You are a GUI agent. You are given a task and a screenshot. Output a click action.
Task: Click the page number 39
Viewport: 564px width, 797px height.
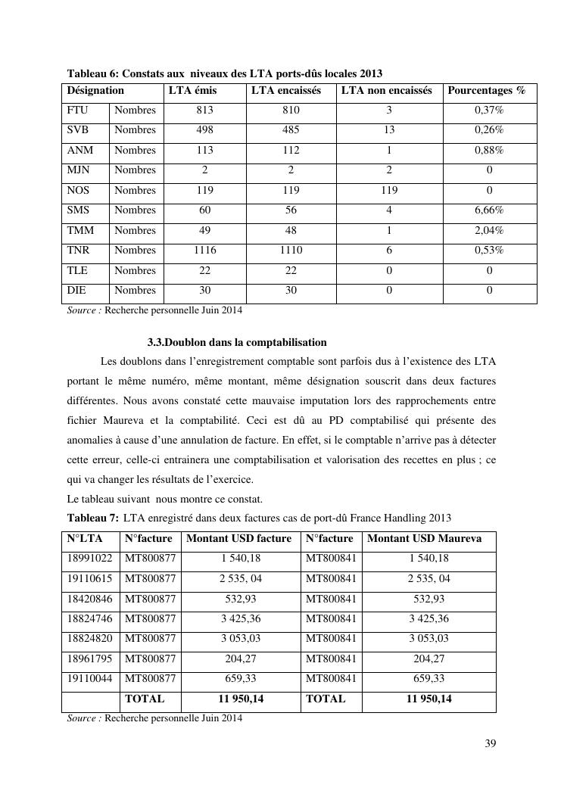pos(490,743)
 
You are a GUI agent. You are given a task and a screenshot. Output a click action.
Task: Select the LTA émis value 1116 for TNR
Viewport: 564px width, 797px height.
pos(204,250)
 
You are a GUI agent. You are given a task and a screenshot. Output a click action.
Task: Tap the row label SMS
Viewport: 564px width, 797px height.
pos(78,210)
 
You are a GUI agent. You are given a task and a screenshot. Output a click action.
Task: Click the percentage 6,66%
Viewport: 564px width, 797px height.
pos(489,210)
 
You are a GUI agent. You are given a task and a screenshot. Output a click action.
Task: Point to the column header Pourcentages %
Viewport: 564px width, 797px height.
pos(486,91)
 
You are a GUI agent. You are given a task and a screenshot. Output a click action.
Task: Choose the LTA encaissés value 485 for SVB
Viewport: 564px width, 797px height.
pos(291,129)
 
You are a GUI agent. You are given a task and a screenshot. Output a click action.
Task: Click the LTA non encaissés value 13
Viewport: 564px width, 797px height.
pos(388,129)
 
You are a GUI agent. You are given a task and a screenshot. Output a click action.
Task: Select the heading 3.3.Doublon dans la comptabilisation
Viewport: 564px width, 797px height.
pos(237,342)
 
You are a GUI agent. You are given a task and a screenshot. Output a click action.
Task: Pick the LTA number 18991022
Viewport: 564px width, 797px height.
pos(89,559)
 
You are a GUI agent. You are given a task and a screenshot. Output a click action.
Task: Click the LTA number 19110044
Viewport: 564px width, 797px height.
pos(89,679)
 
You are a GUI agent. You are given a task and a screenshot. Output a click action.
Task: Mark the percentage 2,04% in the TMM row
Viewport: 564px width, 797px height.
pos(489,230)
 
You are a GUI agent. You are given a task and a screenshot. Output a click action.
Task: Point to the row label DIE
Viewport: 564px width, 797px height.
pos(77,290)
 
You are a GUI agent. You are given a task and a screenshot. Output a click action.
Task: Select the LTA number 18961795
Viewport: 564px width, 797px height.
pos(89,658)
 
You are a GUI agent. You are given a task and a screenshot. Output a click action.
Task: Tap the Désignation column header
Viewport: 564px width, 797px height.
pos(95,91)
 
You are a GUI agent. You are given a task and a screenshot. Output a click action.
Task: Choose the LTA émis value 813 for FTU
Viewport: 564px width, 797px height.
pos(204,110)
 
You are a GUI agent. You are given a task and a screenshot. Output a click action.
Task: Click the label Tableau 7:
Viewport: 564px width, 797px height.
pos(93,518)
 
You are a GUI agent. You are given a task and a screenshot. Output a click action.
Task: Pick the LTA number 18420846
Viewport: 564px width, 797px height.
pos(89,599)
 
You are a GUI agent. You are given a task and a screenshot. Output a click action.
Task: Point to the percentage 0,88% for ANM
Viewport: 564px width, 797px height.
pos(489,150)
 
